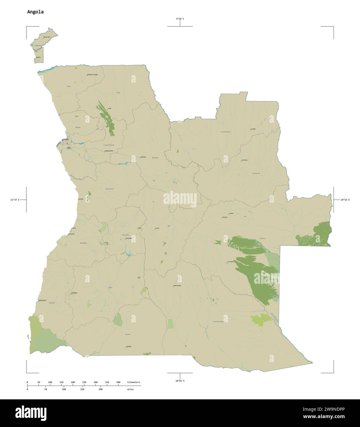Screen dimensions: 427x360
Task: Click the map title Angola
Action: (x=35, y=12)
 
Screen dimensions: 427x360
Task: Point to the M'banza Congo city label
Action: (x=92, y=75)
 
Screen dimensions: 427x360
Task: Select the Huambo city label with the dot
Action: (x=128, y=238)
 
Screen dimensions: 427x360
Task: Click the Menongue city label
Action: (x=178, y=286)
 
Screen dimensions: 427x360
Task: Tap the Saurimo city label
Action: (x=245, y=160)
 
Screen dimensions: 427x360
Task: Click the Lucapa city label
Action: (x=253, y=129)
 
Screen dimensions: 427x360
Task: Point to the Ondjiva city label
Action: (x=129, y=346)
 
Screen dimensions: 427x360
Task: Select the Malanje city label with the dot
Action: (x=143, y=157)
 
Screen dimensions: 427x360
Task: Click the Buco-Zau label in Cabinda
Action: (x=47, y=37)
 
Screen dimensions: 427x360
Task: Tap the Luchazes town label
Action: (x=230, y=262)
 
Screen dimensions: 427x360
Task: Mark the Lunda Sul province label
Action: (x=256, y=173)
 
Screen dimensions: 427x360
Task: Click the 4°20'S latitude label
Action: (x=180, y=19)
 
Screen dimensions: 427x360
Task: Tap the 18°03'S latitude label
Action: (x=180, y=381)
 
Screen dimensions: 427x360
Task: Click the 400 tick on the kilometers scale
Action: (x=118, y=382)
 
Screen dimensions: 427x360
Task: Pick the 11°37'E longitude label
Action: (x=14, y=200)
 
